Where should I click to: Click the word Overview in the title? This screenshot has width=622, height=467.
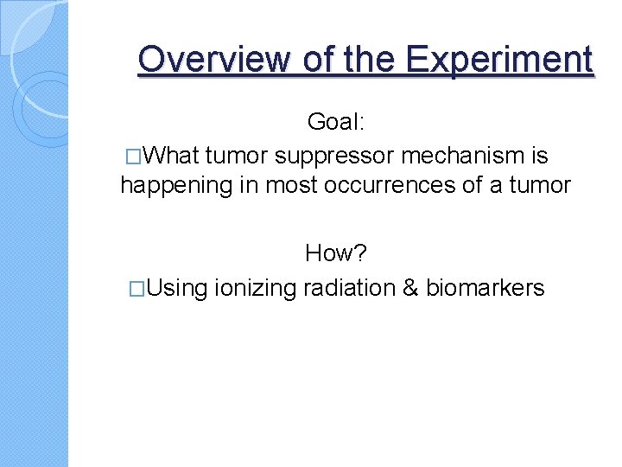(213, 60)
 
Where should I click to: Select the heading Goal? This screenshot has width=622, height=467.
(337, 123)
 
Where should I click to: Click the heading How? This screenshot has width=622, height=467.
(336, 253)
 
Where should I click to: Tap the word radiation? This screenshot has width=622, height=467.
(349, 287)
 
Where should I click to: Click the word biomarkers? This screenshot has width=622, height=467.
(486, 287)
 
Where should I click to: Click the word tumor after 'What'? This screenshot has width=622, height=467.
(238, 156)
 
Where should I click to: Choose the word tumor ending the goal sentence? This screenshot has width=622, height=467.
(540, 186)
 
